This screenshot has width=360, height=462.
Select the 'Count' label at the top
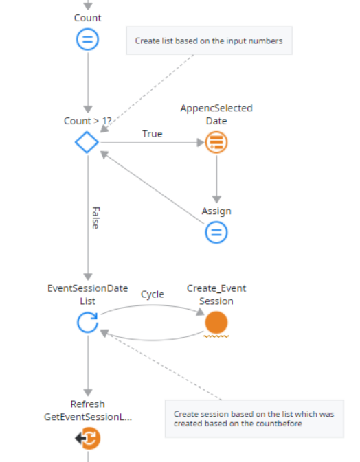click(87, 18)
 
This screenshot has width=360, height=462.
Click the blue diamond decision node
click(87, 143)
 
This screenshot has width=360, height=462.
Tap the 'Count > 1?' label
click(87, 121)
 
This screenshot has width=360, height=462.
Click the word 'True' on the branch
click(152, 134)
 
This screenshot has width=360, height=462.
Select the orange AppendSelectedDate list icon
click(216, 143)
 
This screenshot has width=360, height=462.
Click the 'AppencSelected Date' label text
click(216, 115)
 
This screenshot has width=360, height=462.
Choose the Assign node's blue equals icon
click(216, 233)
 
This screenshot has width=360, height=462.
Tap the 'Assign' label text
click(216, 211)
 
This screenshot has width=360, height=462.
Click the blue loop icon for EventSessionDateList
click(87, 322)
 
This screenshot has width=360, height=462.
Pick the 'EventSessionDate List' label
click(87, 294)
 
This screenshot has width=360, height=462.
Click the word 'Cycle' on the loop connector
click(153, 294)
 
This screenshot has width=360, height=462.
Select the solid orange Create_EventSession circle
click(216, 322)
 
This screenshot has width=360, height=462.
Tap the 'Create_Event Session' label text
click(216, 294)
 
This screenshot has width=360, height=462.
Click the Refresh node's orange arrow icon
click(88, 437)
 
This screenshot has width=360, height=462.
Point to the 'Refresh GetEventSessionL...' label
click(87, 411)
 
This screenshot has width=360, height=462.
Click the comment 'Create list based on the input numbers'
click(208, 41)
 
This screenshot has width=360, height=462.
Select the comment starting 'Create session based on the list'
click(254, 419)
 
